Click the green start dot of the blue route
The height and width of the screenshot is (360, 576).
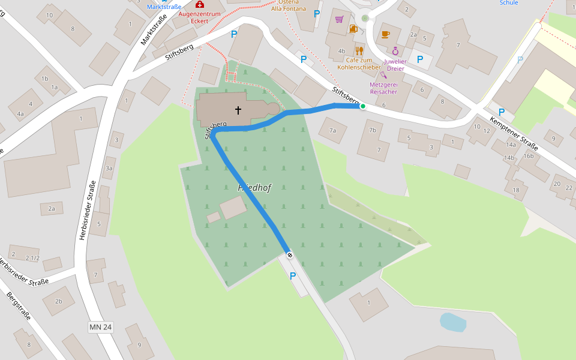[x=362, y=107]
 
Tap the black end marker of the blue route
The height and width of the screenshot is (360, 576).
[x=290, y=256]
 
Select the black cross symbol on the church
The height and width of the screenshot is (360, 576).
[x=238, y=110]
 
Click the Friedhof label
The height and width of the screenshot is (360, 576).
[x=254, y=188]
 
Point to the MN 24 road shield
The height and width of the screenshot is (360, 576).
[x=100, y=327]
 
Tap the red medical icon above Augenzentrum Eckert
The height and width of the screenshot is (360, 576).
[x=200, y=4]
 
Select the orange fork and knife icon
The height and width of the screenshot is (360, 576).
[x=359, y=50]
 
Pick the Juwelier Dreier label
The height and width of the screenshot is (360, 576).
[x=395, y=65]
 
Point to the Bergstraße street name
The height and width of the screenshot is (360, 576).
[x=18, y=306]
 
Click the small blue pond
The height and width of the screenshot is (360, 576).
[x=452, y=322]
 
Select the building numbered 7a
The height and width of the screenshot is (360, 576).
[x=332, y=130]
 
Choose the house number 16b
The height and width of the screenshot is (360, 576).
[x=528, y=156]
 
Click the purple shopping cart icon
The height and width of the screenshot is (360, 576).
[x=340, y=19]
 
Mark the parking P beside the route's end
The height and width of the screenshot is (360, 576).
[x=293, y=276]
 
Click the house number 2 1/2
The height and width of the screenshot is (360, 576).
[x=32, y=258]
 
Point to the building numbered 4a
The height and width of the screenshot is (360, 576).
[x=20, y=113]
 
